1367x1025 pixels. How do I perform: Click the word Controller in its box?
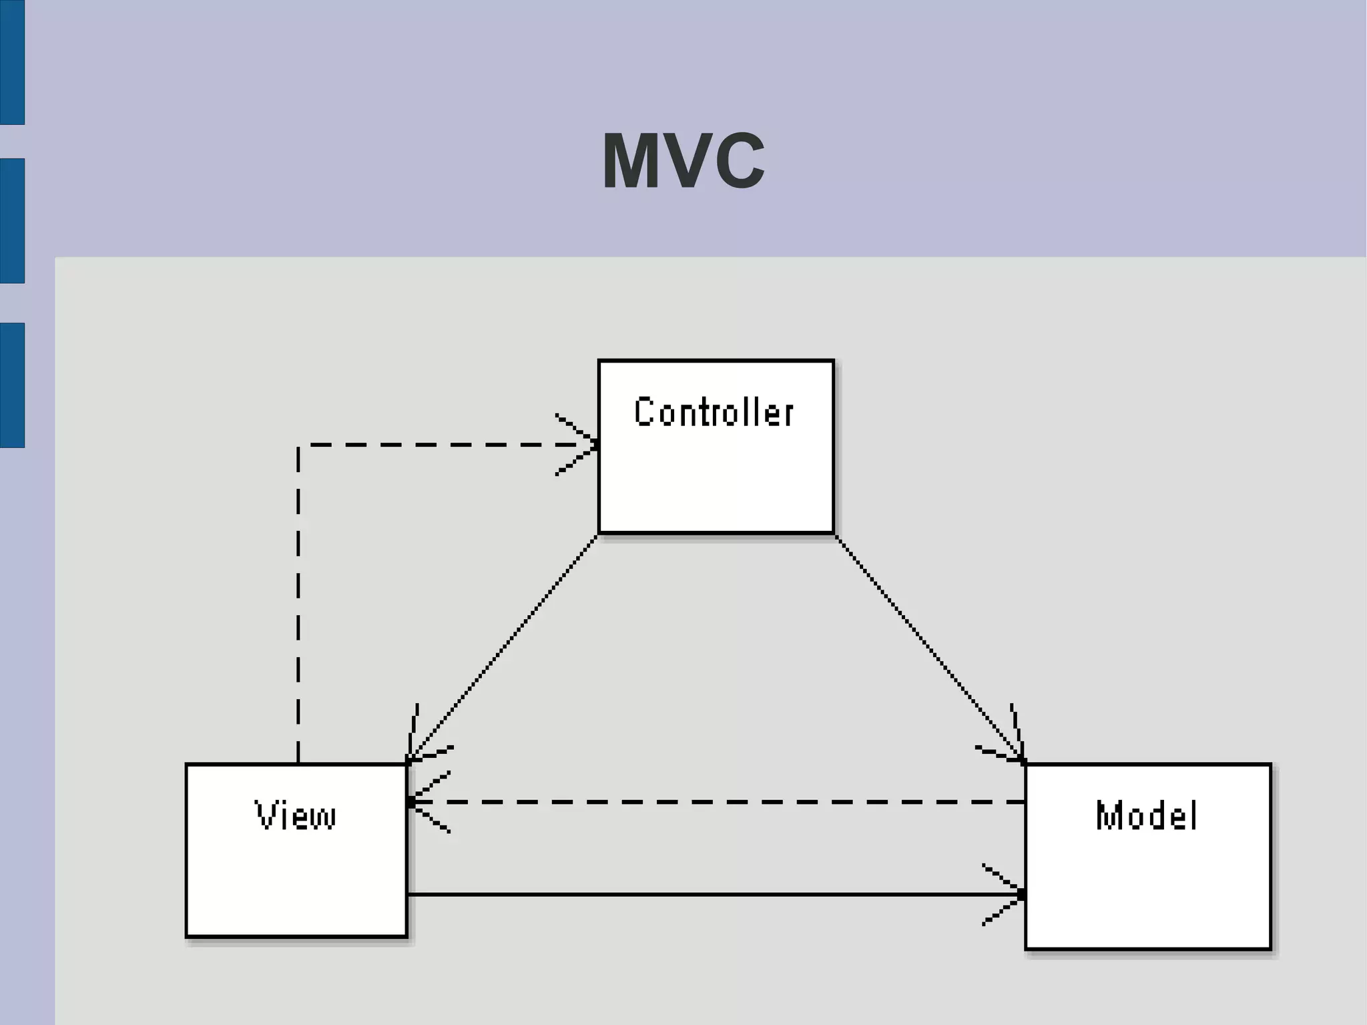click(x=714, y=412)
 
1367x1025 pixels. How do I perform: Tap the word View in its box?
click(x=296, y=815)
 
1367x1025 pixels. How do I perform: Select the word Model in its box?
click(x=1146, y=815)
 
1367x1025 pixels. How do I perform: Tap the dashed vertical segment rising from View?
click(x=298, y=601)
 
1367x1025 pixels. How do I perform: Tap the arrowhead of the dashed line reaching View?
click(x=427, y=801)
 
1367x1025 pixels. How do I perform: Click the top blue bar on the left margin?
click(x=12, y=62)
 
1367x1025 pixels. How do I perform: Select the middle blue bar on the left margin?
click(x=12, y=220)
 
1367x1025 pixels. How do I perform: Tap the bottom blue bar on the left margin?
click(x=12, y=385)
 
